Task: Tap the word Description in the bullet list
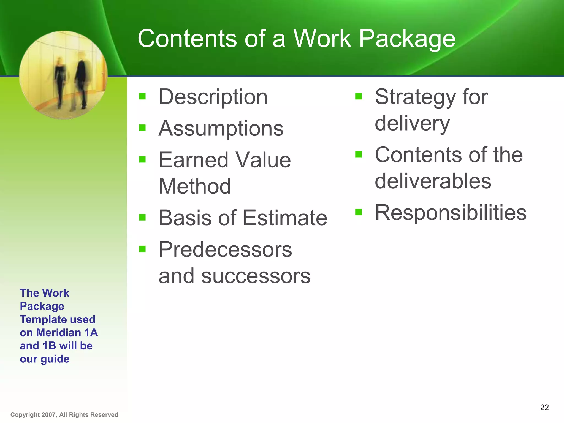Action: point(213,97)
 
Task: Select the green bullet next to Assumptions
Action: point(142,128)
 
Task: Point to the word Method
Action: point(195,186)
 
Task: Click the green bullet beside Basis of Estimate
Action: point(142,218)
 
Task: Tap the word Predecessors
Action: point(225,250)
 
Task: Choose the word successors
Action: point(256,276)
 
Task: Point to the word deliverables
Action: point(433,181)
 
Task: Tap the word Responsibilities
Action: point(451,213)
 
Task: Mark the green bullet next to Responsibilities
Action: point(358,212)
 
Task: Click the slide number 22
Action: point(544,407)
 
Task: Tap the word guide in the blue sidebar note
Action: point(55,359)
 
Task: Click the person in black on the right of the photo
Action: point(82,80)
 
